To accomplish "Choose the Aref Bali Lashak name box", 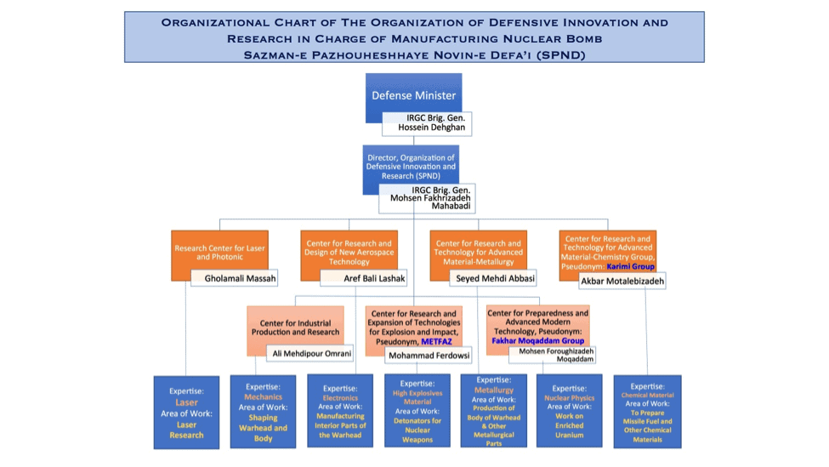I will point(363,278).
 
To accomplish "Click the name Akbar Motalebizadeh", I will point(622,281).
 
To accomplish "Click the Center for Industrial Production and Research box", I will point(295,327).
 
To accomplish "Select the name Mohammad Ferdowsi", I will point(429,356).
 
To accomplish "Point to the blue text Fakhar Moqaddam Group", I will point(537,340).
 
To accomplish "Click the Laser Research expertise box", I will point(186,412).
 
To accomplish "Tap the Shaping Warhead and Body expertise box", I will point(263,412).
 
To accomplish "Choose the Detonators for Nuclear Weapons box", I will point(417,412).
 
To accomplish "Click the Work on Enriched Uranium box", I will point(570,412).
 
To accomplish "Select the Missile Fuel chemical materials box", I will point(646,412).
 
